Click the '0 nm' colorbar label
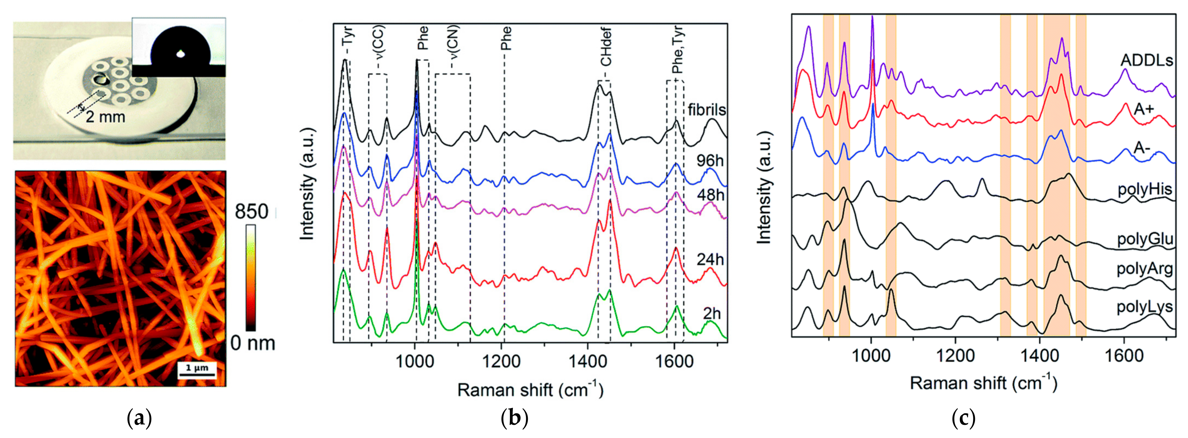[252, 343]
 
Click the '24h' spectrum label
[710, 260]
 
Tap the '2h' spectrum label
[712, 314]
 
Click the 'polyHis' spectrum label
[1145, 189]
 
